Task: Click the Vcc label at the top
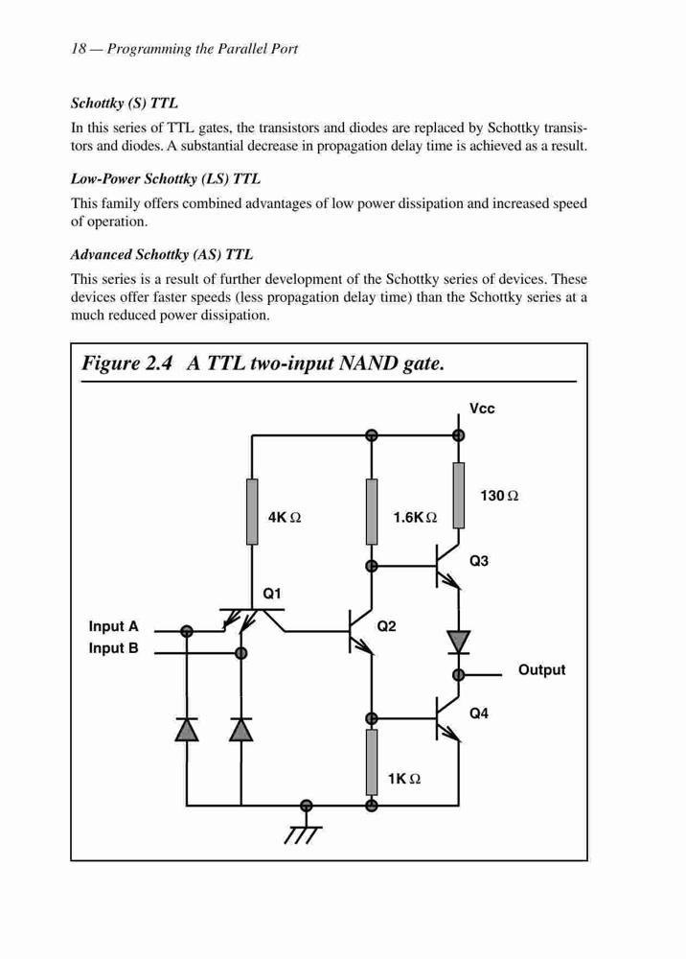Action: coord(482,409)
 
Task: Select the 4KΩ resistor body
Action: coord(252,512)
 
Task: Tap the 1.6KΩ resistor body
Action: coord(372,512)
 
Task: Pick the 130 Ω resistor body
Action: coord(458,496)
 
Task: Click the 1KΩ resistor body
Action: coord(372,762)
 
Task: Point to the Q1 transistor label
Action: coord(272,594)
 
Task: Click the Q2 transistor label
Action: coord(387,625)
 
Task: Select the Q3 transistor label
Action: coord(479,561)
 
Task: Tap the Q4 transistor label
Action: coord(479,713)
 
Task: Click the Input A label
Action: coord(114,626)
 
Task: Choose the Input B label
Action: coord(114,648)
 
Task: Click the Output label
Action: coord(542,670)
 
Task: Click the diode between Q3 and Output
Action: coord(458,643)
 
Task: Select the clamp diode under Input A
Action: coord(187,730)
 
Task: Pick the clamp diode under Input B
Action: coord(241,730)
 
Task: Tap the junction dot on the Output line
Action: coord(458,674)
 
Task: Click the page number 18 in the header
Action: coord(79,49)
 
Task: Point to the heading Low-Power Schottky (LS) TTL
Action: coord(166,179)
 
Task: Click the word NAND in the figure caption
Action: coord(368,363)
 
